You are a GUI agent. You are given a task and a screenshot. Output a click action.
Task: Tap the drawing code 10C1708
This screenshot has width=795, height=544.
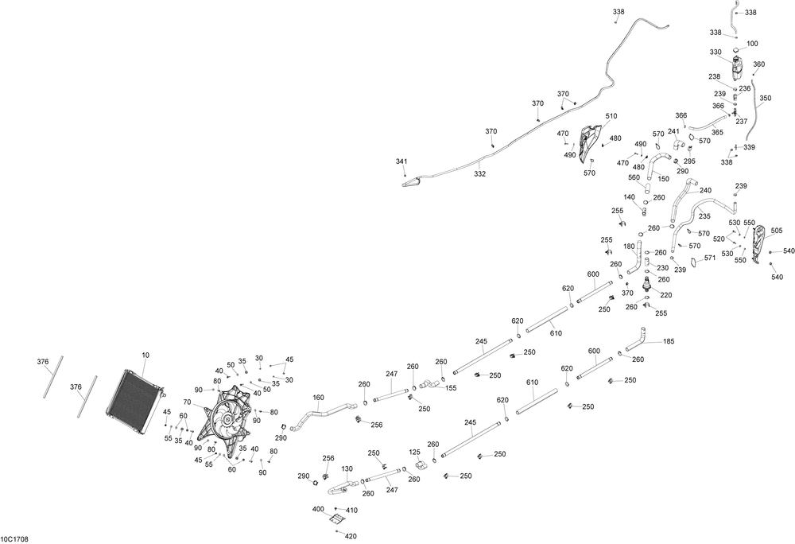(x=16, y=538)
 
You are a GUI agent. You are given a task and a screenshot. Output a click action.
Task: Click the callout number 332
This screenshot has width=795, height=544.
(x=480, y=173)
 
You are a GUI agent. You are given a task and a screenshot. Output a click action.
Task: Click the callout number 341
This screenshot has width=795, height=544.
(x=401, y=161)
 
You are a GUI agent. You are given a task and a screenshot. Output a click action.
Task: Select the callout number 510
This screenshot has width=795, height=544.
(x=611, y=116)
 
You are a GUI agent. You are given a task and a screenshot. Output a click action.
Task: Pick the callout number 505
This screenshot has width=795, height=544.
(x=777, y=231)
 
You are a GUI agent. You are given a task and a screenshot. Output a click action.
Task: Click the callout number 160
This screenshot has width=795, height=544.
(x=319, y=398)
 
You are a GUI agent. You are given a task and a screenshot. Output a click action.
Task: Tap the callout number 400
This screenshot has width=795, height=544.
(x=318, y=508)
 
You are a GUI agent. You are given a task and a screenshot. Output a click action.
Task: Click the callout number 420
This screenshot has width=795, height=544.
(x=351, y=536)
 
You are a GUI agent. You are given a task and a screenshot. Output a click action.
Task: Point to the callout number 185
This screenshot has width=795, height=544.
(x=669, y=342)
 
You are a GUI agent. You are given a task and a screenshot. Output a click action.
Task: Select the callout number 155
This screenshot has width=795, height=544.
(x=451, y=388)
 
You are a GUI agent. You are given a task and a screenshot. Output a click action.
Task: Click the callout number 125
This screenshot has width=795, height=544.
(x=414, y=452)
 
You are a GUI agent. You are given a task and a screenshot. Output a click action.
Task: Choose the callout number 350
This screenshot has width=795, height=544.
(x=765, y=99)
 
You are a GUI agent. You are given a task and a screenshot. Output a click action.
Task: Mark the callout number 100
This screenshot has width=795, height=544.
(x=752, y=44)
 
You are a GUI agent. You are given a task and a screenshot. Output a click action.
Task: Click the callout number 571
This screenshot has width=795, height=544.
(x=710, y=258)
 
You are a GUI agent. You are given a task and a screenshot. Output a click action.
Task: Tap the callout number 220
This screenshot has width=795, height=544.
(x=665, y=295)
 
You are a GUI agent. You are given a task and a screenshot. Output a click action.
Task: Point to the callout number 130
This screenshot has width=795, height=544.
(x=347, y=469)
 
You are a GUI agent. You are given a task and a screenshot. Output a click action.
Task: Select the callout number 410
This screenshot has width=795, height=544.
(x=351, y=510)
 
